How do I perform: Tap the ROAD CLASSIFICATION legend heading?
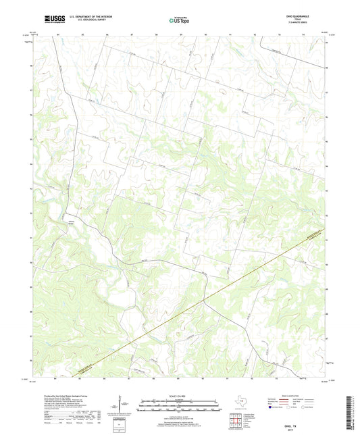[x=299, y=396]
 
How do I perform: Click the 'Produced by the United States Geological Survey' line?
[x=55, y=396]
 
